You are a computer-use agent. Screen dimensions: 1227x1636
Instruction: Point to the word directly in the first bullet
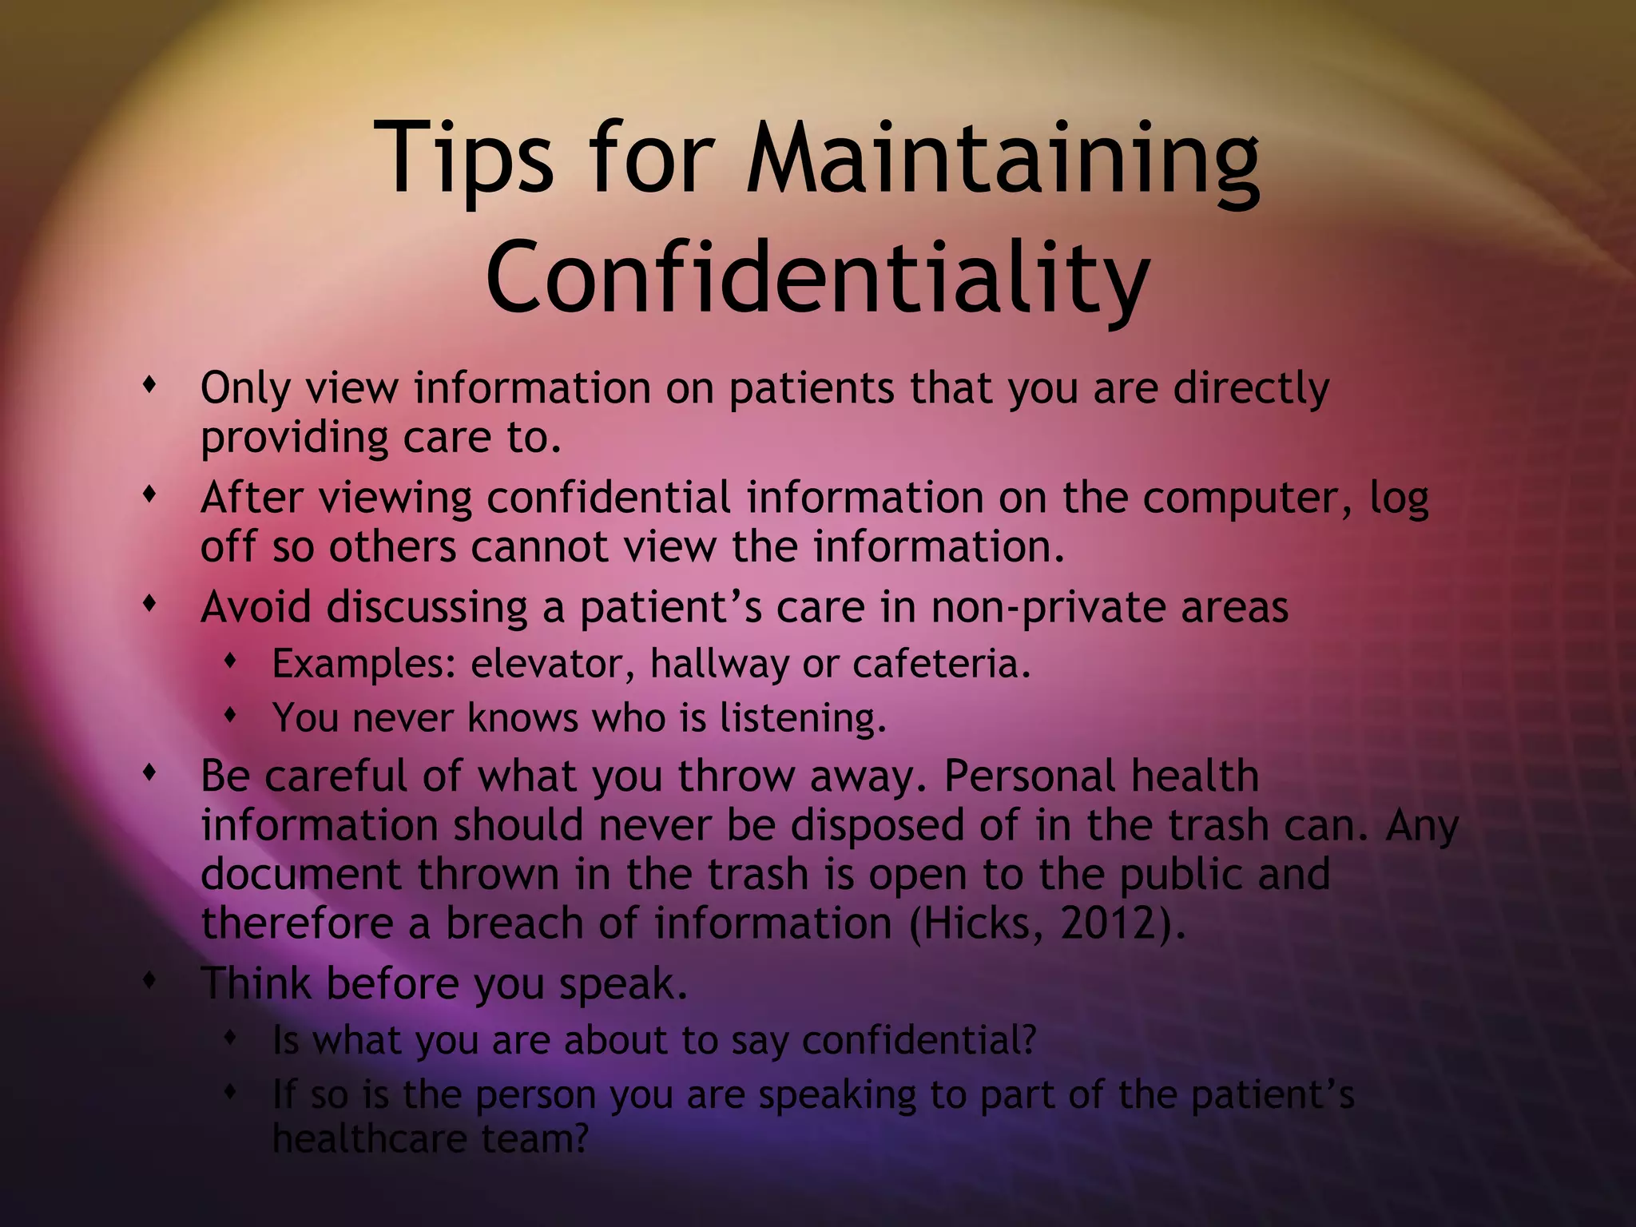(1251, 389)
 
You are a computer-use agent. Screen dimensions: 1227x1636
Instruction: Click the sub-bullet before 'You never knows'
(231, 717)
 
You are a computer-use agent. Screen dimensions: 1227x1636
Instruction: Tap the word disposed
(880, 825)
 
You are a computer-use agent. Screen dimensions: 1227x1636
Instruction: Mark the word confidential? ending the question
(919, 1040)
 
